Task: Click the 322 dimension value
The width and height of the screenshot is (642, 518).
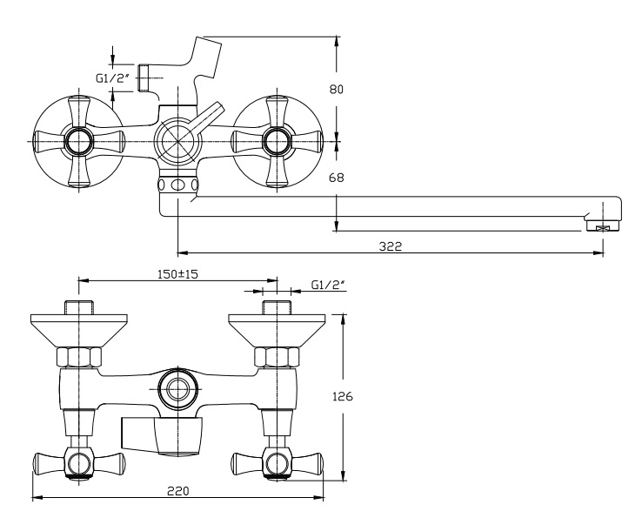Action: coord(390,246)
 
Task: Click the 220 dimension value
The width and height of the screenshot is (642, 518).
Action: coord(177,490)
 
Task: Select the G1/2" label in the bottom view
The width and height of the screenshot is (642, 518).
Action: coord(328,285)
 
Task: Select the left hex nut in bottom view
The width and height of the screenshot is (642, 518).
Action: coord(79,356)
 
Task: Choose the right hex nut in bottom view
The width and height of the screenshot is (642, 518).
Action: coord(277,356)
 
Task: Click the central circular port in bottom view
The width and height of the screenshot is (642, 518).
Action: coord(178,388)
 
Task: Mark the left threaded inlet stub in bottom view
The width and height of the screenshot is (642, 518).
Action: coord(79,308)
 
